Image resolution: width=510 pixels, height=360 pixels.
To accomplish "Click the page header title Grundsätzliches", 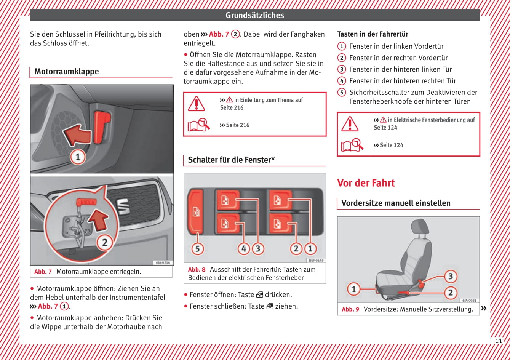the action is click(255, 15).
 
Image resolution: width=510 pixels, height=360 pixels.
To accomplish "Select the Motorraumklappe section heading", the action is click(67, 72).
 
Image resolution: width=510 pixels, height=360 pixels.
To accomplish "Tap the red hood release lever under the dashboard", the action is click(102, 127).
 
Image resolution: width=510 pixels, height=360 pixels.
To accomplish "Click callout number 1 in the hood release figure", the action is click(78, 157).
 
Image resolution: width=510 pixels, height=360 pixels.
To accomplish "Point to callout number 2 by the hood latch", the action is click(104, 243).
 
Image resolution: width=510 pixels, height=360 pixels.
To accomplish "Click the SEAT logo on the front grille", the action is click(123, 206).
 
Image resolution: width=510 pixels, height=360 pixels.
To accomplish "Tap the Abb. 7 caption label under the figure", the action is click(43, 272).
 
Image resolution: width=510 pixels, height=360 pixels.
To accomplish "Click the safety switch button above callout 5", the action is click(195, 211).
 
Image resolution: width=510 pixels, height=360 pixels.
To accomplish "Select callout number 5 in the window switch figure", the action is click(197, 249).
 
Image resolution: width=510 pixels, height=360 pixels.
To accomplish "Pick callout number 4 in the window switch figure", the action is click(244, 249).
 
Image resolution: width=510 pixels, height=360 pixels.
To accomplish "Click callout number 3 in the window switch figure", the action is click(258, 249).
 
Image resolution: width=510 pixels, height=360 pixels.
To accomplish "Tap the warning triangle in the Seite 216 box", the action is click(196, 104).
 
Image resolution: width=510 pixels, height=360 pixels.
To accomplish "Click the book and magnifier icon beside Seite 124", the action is click(352, 145).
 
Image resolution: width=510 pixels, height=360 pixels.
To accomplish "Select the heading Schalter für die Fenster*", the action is click(231, 160).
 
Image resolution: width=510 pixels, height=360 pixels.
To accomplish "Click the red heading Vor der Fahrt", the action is click(366, 183).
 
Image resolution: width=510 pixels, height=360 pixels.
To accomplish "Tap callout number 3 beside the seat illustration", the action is click(450, 276).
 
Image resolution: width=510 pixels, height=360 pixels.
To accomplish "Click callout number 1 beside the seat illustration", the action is click(353, 289).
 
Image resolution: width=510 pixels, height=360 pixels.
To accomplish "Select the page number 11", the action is click(499, 341).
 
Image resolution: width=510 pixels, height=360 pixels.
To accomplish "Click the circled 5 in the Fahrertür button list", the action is click(342, 92).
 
